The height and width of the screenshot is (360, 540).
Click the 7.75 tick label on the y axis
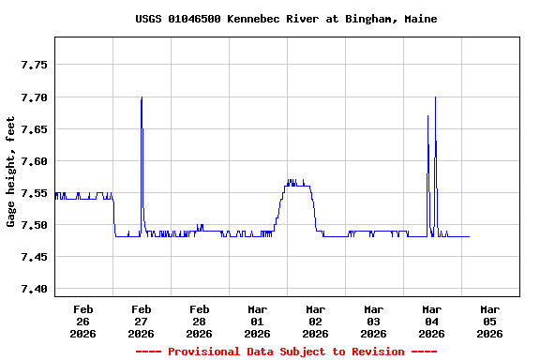tap(33, 66)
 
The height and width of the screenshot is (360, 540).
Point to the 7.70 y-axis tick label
tap(33, 97)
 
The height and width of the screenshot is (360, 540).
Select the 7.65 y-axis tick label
tap(33, 129)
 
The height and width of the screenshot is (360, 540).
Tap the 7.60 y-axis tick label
tap(33, 161)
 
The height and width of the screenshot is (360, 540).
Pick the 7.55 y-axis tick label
tap(33, 193)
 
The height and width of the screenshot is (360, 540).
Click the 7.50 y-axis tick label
tap(33, 225)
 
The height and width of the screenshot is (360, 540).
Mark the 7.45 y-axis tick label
tap(33, 257)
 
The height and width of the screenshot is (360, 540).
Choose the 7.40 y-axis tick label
tap(33, 289)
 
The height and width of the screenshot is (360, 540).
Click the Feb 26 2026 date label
tap(83, 321)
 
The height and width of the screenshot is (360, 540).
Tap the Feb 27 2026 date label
tap(142, 321)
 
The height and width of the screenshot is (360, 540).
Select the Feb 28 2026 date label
tap(200, 321)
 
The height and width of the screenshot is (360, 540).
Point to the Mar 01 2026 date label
tap(258, 321)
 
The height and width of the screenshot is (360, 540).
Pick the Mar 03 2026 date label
tap(374, 321)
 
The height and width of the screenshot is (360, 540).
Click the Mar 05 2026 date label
tap(490, 321)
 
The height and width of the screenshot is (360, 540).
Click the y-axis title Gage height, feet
tap(11, 172)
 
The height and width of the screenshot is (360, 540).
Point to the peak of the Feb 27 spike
tap(142, 97)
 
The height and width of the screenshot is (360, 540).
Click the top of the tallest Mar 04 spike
tap(435, 97)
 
